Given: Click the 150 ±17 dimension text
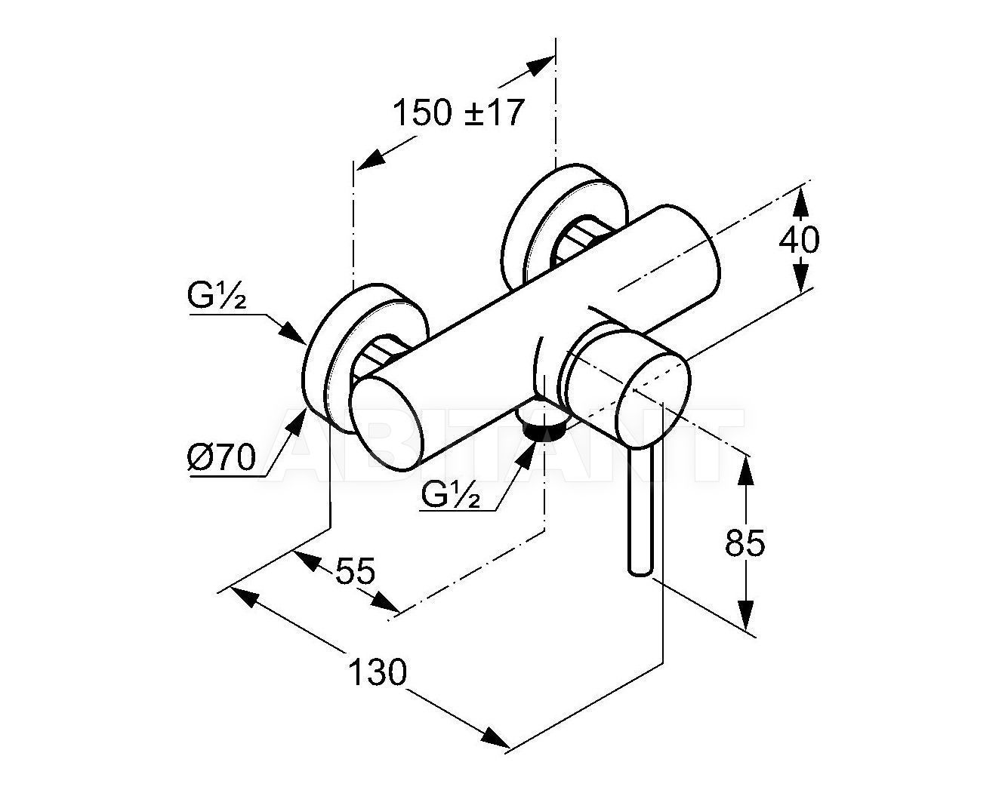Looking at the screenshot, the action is pos(458,113).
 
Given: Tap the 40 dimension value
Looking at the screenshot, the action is pos(799,240).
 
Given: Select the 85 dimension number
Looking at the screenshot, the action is pos(745,542).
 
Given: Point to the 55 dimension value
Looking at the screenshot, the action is pos(356,571).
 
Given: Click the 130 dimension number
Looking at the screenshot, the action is pos(378,672).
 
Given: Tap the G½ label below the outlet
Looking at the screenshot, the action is pos(451,495).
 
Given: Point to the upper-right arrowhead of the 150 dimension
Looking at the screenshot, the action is pos(539,66).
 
